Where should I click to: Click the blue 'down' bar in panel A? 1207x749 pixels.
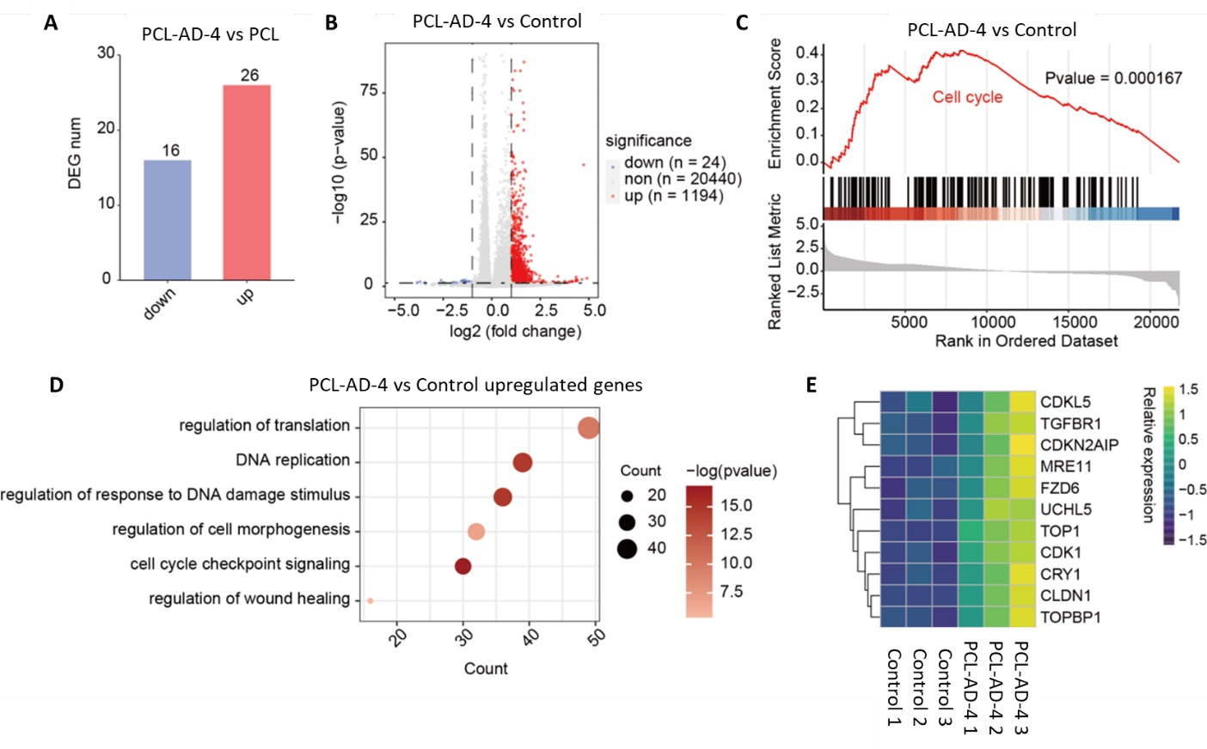click(167, 220)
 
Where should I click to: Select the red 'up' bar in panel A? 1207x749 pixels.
click(247, 182)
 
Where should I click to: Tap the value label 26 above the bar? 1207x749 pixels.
click(249, 76)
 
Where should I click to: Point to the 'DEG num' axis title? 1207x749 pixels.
click(75, 153)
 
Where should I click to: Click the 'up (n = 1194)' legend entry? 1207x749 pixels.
click(673, 196)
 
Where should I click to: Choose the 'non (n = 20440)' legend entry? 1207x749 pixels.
click(682, 179)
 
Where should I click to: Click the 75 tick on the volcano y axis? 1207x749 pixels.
click(369, 91)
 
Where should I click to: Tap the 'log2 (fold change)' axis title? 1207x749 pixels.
click(515, 332)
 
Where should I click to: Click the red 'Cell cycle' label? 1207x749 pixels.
click(967, 97)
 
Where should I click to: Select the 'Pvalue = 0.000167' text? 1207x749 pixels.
click(1113, 78)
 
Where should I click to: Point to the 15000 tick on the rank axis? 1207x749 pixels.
click(1075, 322)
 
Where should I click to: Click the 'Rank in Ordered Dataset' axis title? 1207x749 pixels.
click(1026, 341)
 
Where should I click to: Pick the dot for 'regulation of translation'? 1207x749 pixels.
click(588, 427)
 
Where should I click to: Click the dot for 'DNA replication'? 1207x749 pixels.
click(522, 463)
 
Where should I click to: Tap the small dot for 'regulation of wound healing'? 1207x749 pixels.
click(370, 600)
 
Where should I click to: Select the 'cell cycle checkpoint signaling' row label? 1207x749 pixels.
click(240, 564)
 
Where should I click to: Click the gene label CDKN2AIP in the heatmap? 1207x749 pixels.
click(1079, 445)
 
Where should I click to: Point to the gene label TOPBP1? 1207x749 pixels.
click(1070, 617)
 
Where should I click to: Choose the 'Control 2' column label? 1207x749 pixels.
click(919, 687)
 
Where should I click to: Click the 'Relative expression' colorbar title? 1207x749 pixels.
click(1148, 454)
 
